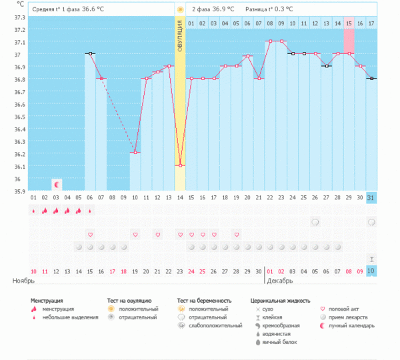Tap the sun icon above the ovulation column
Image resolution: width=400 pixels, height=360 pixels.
[x=180, y=9]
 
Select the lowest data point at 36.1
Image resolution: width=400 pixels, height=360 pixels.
[x=180, y=165]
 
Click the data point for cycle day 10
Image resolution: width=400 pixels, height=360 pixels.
[x=135, y=153]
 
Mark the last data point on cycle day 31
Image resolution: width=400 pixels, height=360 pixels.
[x=371, y=79]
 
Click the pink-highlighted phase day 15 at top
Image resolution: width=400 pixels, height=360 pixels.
[x=349, y=23]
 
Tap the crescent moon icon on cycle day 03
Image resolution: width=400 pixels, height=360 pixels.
[x=57, y=184]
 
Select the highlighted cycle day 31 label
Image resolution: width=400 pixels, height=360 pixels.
[x=371, y=197]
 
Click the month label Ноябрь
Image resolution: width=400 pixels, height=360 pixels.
[x=23, y=281]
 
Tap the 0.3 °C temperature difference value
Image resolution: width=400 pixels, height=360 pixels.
[x=280, y=9]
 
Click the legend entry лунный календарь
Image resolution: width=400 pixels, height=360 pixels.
[x=357, y=325]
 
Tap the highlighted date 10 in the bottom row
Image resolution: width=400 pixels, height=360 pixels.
[x=371, y=270]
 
